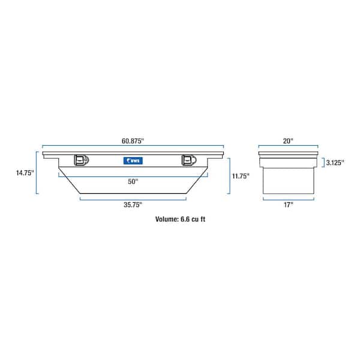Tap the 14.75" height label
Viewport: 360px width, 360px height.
(25, 173)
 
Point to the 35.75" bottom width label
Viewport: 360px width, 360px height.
(133, 205)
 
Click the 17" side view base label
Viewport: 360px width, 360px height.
(288, 205)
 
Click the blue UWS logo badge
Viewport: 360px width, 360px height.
(132, 160)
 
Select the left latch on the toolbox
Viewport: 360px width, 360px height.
(80, 160)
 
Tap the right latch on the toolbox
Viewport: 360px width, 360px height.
(188, 160)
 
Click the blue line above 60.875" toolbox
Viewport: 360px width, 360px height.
(133, 146)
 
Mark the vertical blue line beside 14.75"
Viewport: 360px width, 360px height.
(37, 173)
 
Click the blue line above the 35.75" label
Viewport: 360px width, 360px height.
(133, 199)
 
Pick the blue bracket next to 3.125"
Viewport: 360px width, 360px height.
(323, 162)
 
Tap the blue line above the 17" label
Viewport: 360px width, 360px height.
(288, 199)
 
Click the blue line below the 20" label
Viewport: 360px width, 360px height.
(288, 146)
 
